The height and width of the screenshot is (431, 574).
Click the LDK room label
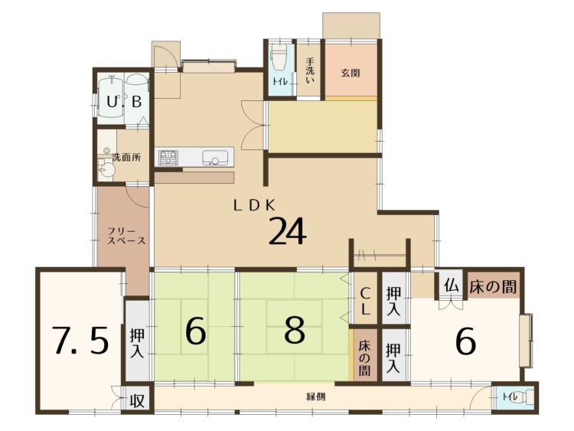pos(254,206)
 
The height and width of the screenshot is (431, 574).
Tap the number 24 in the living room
pos(287,231)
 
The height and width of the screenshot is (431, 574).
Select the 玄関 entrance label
pos(351,73)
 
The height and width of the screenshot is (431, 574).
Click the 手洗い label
pos(310,71)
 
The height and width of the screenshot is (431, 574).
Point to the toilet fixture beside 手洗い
pos(278,60)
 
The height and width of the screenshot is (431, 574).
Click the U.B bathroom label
pos(125,101)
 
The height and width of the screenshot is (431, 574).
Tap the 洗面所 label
pos(126,158)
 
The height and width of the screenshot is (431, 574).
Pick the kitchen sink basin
pos(214,158)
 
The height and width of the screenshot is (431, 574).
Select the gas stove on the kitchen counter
pos(168,158)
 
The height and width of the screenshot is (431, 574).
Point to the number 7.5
pos(80,341)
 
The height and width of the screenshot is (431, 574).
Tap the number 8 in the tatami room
pos(295,331)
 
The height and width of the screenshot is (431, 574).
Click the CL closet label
pos(364,302)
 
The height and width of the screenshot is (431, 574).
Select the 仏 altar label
pos(452,286)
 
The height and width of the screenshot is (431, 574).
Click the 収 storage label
pos(137,401)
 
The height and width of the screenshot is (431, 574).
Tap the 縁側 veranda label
pos(316,397)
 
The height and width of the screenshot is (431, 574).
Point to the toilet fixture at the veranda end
pos(527,397)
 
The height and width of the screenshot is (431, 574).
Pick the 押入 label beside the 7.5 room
pos(137,344)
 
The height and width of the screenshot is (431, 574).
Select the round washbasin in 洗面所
pos(106,170)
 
